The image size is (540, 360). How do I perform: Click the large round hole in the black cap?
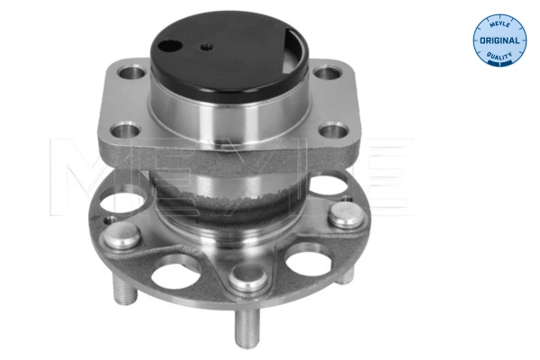coord(177,42)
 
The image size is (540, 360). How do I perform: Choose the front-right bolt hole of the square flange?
coord(335,133)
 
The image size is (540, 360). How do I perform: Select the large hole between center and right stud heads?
coord(301,260)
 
